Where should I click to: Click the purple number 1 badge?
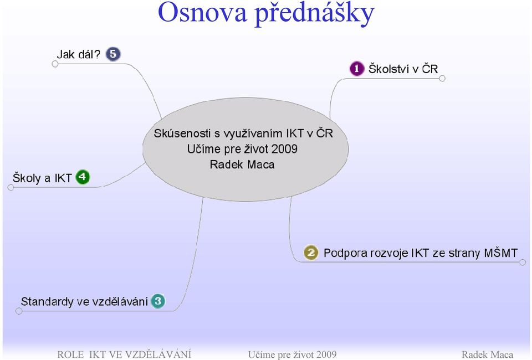point(356,69)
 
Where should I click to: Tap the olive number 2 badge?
point(311,253)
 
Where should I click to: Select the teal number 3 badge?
point(158,301)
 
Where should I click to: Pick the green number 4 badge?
point(83,177)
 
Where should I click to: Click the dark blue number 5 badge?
point(113,54)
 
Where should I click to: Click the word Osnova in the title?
point(202,13)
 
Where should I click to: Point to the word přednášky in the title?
point(315,13)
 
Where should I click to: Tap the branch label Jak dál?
point(79,54)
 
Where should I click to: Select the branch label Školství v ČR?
point(403,69)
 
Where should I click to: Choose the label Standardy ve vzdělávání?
point(84,301)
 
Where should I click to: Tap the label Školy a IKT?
point(42,178)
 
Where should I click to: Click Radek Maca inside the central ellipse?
point(242,164)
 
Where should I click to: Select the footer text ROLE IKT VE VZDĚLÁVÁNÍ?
point(124,354)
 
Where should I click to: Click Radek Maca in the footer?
point(488,355)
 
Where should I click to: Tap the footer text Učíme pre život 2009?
point(293,355)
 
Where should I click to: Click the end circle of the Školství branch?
point(442,78)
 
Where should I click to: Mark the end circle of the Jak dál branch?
point(55,64)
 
